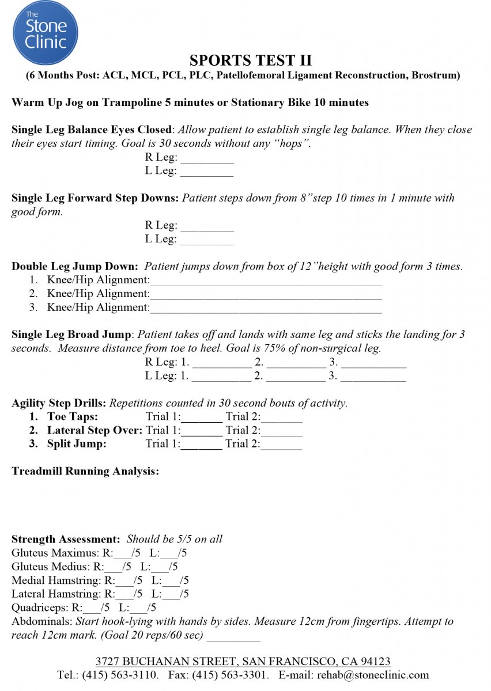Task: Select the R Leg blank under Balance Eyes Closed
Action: point(207,160)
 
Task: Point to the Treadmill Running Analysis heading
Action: point(85,472)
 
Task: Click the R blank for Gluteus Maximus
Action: point(123,555)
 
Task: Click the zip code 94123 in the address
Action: point(375,662)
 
